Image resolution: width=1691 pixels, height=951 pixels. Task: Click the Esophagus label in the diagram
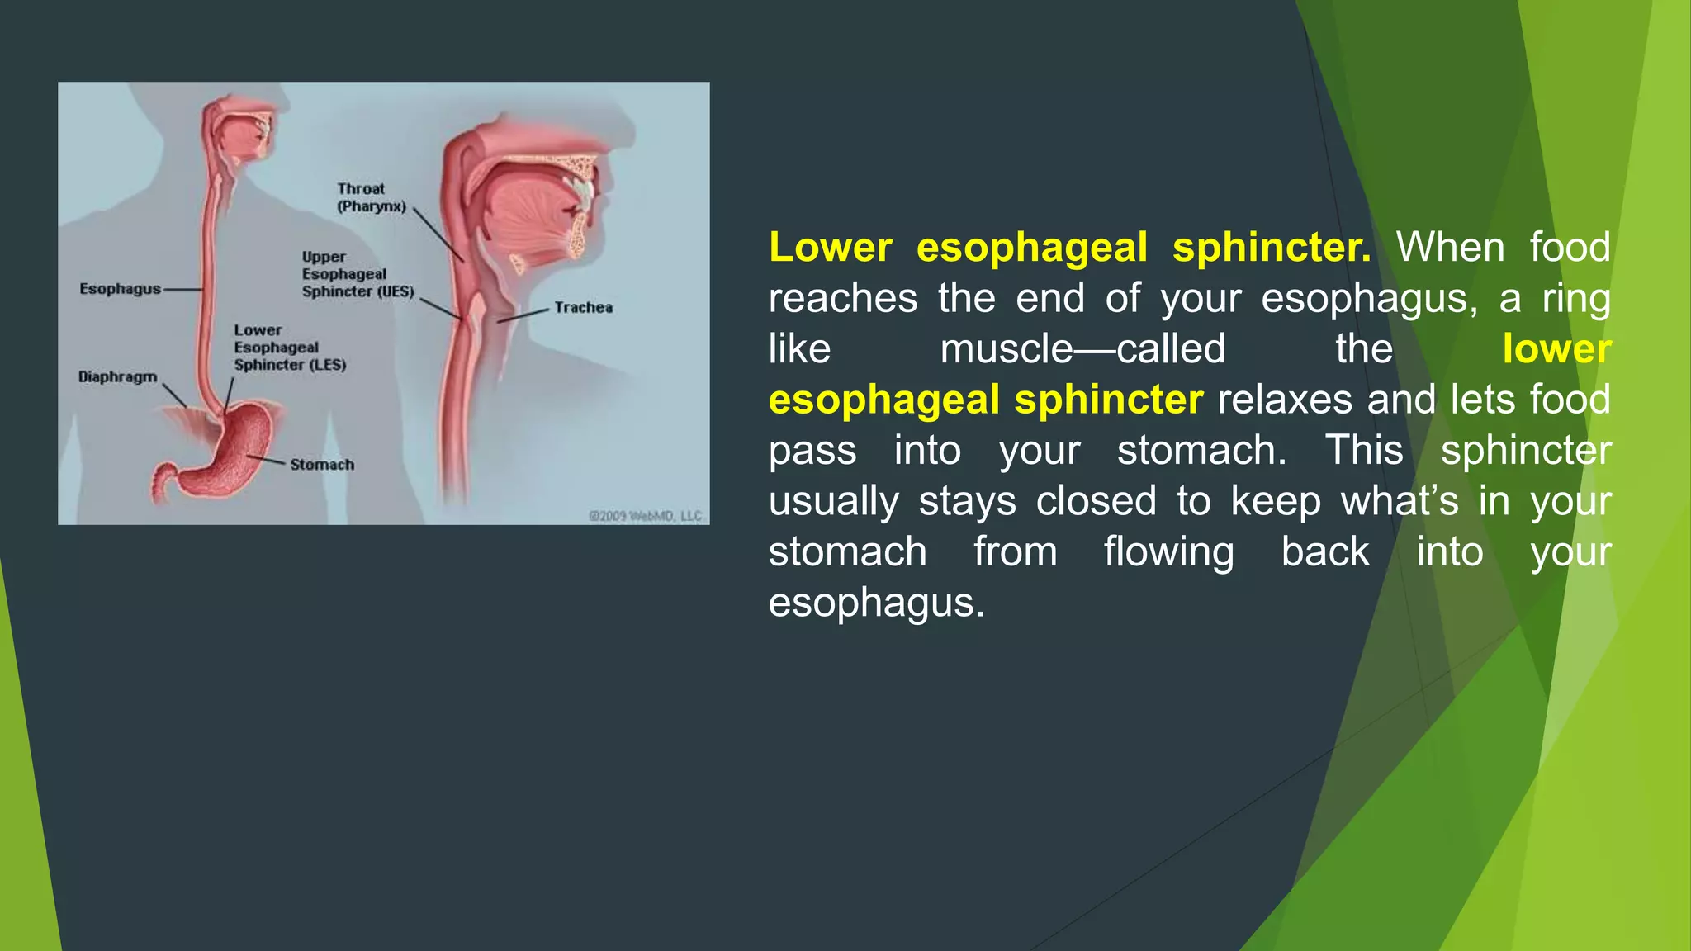pyautogui.click(x=120, y=289)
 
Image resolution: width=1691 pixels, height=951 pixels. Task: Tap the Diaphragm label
pyautogui.click(x=117, y=377)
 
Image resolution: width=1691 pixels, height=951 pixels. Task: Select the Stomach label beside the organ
pyautogui.click(x=322, y=465)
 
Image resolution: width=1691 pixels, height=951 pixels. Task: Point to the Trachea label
pyautogui.click(x=583, y=308)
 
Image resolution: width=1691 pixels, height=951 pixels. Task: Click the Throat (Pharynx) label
pyautogui.click(x=371, y=198)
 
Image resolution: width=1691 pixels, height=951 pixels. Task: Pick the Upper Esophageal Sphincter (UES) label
pyautogui.click(x=357, y=274)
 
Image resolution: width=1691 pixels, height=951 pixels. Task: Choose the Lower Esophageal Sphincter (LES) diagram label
pyautogui.click(x=289, y=348)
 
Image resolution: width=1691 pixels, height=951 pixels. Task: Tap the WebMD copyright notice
pyautogui.click(x=644, y=516)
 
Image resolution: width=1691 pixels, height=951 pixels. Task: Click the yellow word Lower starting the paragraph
pyautogui.click(x=830, y=248)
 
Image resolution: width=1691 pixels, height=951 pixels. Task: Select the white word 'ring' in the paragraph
pyautogui.click(x=1575, y=299)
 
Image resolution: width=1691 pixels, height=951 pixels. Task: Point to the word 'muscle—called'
pyautogui.click(x=1082, y=349)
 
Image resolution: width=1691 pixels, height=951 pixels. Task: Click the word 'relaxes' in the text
pyautogui.click(x=1285, y=400)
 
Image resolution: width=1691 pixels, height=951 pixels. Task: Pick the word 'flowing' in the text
pyautogui.click(x=1168, y=552)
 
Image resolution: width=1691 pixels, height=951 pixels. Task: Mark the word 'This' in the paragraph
pyautogui.click(x=1363, y=451)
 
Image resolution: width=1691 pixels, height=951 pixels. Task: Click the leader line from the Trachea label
pyautogui.click(x=523, y=315)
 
